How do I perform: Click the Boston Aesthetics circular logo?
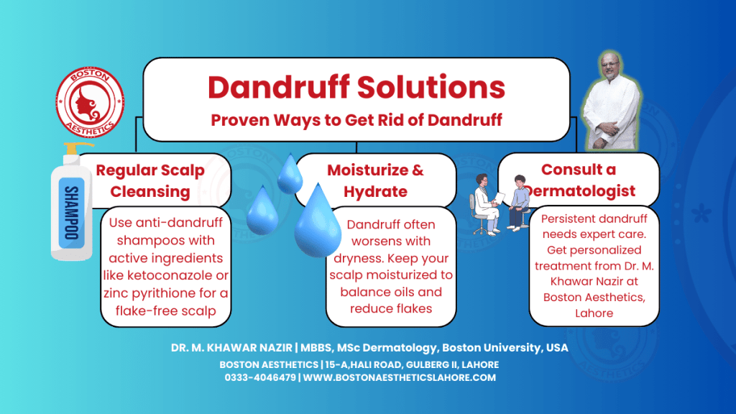[x=90, y=101]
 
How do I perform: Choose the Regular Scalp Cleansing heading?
[x=150, y=180]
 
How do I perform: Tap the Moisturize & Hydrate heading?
[x=375, y=180]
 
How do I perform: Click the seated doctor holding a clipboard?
[x=484, y=204]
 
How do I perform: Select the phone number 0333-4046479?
[x=259, y=377]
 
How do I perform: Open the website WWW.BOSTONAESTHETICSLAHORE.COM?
[x=400, y=377]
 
